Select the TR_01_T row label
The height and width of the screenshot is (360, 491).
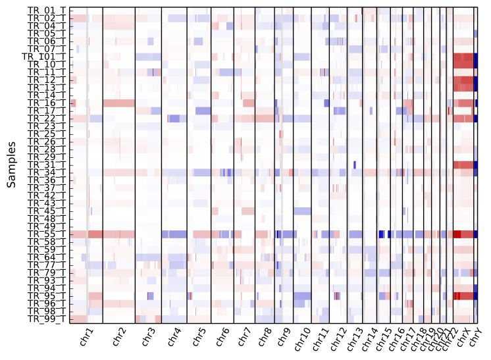[x=46, y=11]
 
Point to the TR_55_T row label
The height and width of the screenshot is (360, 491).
[x=46, y=234]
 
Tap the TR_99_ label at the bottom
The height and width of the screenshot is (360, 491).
[x=46, y=319]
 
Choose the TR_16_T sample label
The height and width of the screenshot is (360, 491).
[x=46, y=103]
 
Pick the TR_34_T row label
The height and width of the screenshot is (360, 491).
[x=46, y=172]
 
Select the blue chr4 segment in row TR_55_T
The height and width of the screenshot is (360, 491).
[x=174, y=234]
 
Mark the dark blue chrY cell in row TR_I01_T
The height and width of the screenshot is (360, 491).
[x=475, y=57]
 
